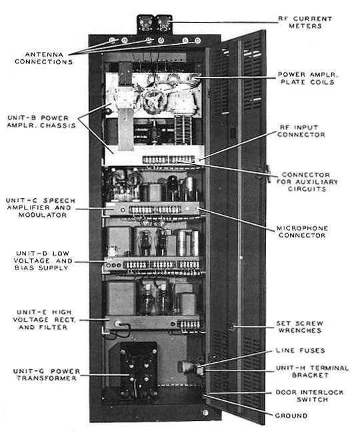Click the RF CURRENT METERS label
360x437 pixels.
305,22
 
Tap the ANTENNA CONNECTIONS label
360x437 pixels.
44,58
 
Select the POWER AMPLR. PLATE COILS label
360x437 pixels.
307,78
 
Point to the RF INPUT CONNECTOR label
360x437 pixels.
301,131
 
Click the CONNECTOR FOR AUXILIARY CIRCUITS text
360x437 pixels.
307,181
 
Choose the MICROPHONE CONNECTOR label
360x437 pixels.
302,232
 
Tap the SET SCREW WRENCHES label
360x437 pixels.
299,327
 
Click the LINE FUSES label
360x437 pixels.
300,351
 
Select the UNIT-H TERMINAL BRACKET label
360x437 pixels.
312,372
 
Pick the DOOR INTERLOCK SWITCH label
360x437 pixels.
309,396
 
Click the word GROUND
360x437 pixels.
291,416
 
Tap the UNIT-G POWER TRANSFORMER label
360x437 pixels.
47,374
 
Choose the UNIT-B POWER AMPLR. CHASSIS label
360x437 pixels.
41,121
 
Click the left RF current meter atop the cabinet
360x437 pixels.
145,23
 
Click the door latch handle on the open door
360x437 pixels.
267,173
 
